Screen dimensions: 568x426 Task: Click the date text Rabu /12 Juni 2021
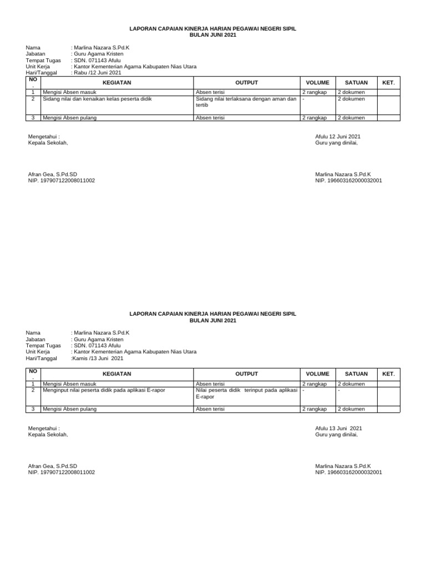click(97, 73)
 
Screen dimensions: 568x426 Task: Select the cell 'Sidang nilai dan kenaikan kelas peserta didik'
click(97, 99)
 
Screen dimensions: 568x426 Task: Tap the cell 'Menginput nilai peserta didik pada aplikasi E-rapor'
click(104, 390)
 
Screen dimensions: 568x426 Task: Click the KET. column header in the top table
click(388, 83)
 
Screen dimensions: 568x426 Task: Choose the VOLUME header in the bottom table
click(317, 374)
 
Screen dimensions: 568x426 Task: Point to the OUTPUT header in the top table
click(247, 83)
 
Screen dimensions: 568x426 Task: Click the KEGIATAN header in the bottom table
click(116, 374)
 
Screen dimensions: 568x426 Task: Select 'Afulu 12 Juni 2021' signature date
click(337, 136)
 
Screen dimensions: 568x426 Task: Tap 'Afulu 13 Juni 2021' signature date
click(338, 428)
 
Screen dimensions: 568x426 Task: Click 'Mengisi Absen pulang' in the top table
click(69, 118)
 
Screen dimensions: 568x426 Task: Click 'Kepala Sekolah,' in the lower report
click(48, 434)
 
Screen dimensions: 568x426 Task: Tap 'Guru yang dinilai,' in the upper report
click(336, 143)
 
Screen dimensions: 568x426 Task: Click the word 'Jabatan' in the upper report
click(35, 54)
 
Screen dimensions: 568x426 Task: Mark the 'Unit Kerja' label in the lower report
click(38, 352)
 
